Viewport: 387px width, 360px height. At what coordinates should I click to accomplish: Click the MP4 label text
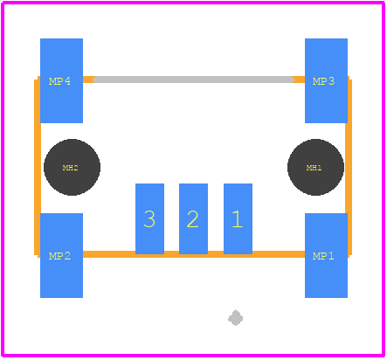[59, 81]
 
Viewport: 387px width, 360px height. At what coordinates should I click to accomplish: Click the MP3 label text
[323, 81]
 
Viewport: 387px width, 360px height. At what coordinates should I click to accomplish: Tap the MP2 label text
[59, 256]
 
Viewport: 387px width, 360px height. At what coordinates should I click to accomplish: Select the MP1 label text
[323, 256]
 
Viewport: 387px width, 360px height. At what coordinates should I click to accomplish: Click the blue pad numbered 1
[238, 218]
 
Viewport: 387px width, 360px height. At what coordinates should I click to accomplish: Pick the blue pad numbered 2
[193, 218]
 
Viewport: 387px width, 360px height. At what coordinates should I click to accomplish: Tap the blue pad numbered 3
[149, 218]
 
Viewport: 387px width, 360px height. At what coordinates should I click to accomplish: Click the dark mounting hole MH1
[315, 167]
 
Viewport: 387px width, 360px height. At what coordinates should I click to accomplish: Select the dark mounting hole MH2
[72, 167]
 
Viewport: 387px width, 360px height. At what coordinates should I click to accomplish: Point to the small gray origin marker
[235, 318]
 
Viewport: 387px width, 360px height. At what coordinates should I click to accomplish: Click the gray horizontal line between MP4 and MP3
[194, 80]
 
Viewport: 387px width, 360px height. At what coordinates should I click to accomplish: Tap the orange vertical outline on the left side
[38, 167]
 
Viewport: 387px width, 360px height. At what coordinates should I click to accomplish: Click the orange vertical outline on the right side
[349, 167]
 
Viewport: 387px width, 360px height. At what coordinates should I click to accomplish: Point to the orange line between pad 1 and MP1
[279, 254]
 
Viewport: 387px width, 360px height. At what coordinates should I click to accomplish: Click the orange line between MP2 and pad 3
[109, 254]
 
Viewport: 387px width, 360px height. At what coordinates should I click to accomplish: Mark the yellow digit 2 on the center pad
[192, 219]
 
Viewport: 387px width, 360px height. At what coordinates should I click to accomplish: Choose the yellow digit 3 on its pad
[149, 219]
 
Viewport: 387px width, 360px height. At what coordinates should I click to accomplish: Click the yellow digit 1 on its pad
[238, 219]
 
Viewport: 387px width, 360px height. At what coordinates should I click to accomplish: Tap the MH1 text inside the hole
[314, 168]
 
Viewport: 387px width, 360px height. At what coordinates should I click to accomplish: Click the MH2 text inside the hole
[70, 168]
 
